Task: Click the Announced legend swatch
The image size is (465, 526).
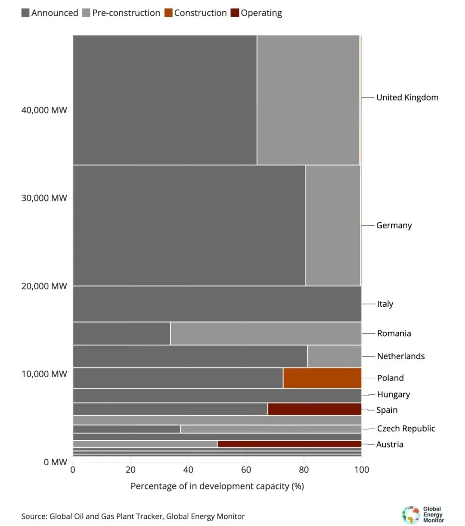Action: [25, 13]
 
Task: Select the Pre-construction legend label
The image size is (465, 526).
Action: [126, 13]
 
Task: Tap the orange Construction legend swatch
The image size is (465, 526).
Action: [168, 13]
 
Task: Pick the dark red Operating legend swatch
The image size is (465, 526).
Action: [235, 13]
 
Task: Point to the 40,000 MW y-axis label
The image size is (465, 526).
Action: [44, 110]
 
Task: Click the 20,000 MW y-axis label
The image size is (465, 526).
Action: [44, 286]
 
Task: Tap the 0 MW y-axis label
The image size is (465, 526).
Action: [55, 462]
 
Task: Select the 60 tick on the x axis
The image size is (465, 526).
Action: [246, 470]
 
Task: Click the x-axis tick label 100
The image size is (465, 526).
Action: [362, 470]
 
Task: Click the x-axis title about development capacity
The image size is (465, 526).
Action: [217, 486]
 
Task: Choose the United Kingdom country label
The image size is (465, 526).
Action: [407, 97]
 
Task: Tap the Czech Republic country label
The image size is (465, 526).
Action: [406, 428]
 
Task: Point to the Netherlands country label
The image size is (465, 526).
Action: [401, 356]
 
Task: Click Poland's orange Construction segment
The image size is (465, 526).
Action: [322, 378]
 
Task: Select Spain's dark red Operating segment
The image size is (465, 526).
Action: [314, 409]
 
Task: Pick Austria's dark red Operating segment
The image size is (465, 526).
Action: [289, 444]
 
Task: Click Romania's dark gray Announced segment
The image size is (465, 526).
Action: [121, 333]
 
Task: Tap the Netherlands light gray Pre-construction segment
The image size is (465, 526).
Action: [335, 356]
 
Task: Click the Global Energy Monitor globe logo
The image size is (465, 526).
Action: [411, 514]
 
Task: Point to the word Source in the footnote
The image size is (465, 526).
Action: [34, 517]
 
